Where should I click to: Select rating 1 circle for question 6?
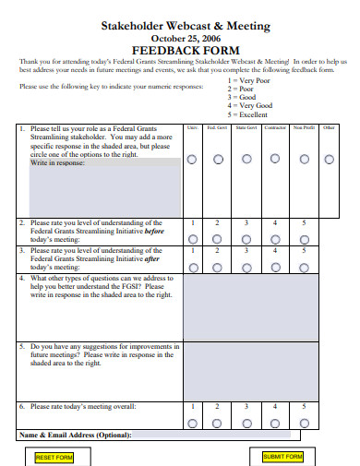192,422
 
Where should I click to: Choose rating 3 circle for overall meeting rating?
246,422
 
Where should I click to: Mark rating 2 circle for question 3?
219,265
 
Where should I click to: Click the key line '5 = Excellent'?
253,115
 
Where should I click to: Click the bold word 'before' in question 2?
156,231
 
